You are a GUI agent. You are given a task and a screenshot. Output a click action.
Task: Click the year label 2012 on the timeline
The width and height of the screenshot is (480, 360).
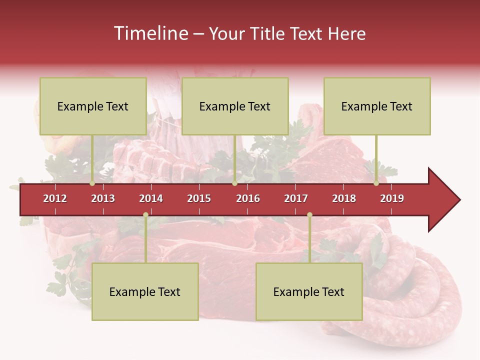55,198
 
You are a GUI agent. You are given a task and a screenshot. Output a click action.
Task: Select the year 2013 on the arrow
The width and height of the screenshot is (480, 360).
103,198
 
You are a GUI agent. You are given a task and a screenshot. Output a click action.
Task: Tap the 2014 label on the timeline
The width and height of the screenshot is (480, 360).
151,198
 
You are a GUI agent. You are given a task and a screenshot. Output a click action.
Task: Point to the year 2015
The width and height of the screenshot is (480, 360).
199,198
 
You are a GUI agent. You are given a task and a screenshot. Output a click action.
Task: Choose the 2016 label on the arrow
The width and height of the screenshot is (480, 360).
248,198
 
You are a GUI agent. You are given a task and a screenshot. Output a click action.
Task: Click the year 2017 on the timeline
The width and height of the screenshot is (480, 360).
296,198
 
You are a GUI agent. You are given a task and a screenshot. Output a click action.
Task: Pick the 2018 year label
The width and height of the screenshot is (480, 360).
344,198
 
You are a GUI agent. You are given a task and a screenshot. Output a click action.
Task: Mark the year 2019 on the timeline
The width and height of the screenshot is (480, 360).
392,198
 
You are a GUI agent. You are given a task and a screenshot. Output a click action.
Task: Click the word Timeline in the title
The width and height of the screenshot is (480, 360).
150,33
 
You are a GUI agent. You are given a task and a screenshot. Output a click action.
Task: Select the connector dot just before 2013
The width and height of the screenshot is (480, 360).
92,183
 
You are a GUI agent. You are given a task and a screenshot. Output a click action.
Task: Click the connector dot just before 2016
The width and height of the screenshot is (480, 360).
234,183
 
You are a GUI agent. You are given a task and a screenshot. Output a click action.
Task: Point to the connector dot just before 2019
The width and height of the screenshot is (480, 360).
376,183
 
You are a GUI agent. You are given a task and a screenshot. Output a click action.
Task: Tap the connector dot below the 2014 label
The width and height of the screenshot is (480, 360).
145,215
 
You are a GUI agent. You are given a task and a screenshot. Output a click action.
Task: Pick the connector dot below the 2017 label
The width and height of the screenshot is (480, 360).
309,215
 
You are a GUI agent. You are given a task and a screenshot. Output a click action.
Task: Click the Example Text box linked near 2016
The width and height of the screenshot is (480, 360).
235,106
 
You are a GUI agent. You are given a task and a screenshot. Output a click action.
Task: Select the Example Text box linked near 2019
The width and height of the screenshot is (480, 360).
377,106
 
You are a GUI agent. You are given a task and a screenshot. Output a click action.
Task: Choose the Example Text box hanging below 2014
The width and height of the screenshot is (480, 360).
145,291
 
